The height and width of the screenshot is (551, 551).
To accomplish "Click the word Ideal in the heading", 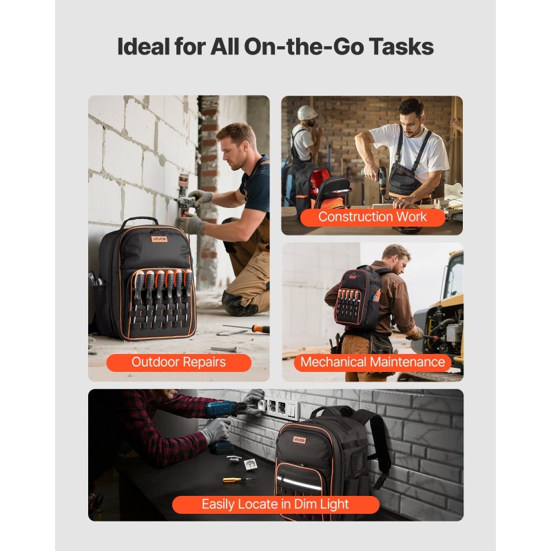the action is tap(143, 46).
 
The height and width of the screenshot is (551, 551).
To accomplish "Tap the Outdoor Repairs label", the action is tap(178, 362).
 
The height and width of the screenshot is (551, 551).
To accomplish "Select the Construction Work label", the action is tap(373, 217).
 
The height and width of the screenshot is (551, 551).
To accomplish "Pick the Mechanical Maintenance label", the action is tap(373, 362).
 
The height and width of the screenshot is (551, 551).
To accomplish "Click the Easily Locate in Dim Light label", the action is tap(275, 504).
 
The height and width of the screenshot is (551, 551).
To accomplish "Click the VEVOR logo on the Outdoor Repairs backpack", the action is tap(159, 239).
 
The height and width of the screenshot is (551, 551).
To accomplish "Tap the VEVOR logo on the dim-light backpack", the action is tap(300, 440).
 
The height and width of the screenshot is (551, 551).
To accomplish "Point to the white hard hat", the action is tap(307, 113).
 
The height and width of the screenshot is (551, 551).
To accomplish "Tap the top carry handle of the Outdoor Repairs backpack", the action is tap(140, 220).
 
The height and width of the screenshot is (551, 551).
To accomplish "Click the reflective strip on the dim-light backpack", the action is tap(300, 483).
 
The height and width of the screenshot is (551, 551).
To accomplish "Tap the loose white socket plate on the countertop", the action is tap(251, 464).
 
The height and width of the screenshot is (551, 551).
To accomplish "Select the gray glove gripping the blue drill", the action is tap(215, 430).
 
